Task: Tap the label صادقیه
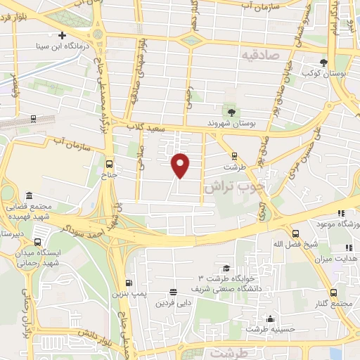[260, 54]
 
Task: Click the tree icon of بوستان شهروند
[231, 110]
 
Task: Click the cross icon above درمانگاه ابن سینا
[63, 34]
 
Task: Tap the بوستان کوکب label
[321, 72]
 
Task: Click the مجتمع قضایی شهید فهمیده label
[30, 212]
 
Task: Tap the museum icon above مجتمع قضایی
[29, 195]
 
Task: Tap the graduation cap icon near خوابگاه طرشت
[226, 268]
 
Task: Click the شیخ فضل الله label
[292, 243]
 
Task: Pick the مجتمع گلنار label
[334, 303]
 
